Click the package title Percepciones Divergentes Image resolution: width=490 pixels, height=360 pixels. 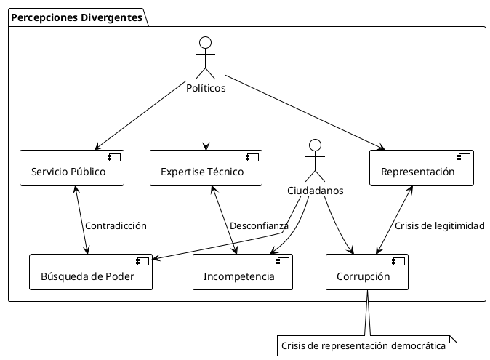(x=76, y=17)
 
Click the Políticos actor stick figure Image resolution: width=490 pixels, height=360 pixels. (x=206, y=58)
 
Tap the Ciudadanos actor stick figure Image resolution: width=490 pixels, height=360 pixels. (x=314, y=160)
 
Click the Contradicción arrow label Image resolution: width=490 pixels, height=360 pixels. (x=116, y=225)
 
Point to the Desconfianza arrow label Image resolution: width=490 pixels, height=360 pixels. (x=259, y=225)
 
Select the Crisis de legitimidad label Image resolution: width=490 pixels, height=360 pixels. (x=439, y=225)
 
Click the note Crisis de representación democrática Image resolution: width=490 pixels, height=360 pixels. (x=366, y=346)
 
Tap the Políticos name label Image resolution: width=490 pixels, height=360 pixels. (x=206, y=89)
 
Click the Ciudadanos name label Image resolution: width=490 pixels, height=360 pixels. (x=314, y=191)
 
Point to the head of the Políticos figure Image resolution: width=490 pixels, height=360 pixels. (x=206, y=41)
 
